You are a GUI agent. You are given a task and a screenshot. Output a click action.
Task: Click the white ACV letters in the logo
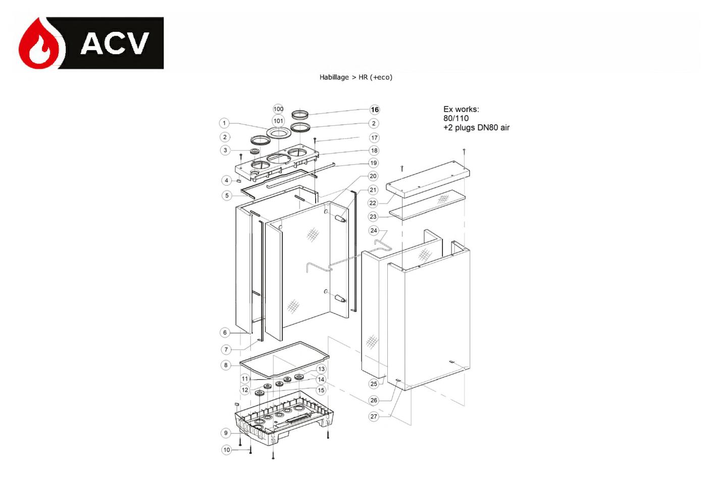click(115, 43)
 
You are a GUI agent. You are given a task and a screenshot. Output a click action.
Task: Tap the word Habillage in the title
click(334, 77)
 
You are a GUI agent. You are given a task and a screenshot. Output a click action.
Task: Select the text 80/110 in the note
click(456, 118)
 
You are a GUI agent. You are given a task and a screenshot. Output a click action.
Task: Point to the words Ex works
click(461, 109)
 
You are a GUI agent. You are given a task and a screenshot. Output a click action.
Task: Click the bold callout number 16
click(375, 110)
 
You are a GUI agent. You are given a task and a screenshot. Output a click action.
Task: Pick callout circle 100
click(278, 109)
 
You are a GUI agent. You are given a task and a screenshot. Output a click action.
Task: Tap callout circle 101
click(278, 121)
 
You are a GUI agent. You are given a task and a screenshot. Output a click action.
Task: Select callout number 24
click(374, 230)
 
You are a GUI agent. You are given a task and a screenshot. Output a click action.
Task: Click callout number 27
click(374, 416)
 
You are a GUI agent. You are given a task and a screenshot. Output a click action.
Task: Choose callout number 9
click(226, 433)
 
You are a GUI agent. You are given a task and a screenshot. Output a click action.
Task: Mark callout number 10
click(226, 450)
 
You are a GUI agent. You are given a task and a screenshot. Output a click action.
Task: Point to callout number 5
click(227, 195)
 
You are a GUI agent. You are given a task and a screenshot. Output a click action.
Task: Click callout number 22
click(373, 203)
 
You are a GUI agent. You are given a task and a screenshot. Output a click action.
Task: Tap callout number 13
click(321, 369)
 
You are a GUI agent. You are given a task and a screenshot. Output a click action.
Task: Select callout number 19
click(374, 163)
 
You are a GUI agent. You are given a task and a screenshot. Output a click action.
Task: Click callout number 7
click(226, 350)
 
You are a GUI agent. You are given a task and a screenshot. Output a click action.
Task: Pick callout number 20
click(373, 176)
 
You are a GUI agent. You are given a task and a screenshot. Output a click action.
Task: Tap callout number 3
click(225, 150)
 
